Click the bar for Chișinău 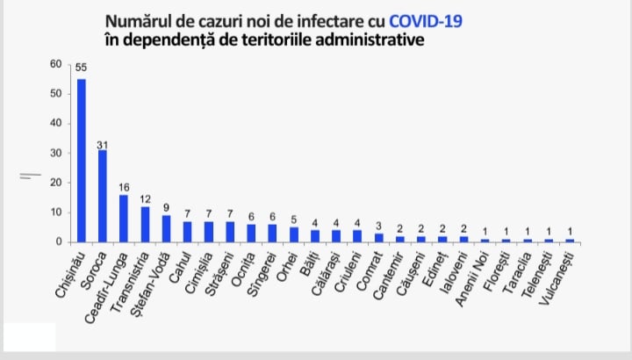pyautogui.click(x=82, y=160)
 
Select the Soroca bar pyautogui.click(x=103, y=196)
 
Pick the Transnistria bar pyautogui.click(x=145, y=224)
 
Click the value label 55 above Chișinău pyautogui.click(x=81, y=68)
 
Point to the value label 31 pyautogui.click(x=103, y=142)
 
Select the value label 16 pyautogui.click(x=124, y=187)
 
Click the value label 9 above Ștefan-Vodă pyautogui.click(x=166, y=207)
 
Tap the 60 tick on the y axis pyautogui.click(x=55, y=64)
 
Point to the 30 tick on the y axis pyautogui.click(x=55, y=153)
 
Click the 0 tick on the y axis pyautogui.click(x=58, y=241)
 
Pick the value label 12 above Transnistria pyautogui.click(x=145, y=198)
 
